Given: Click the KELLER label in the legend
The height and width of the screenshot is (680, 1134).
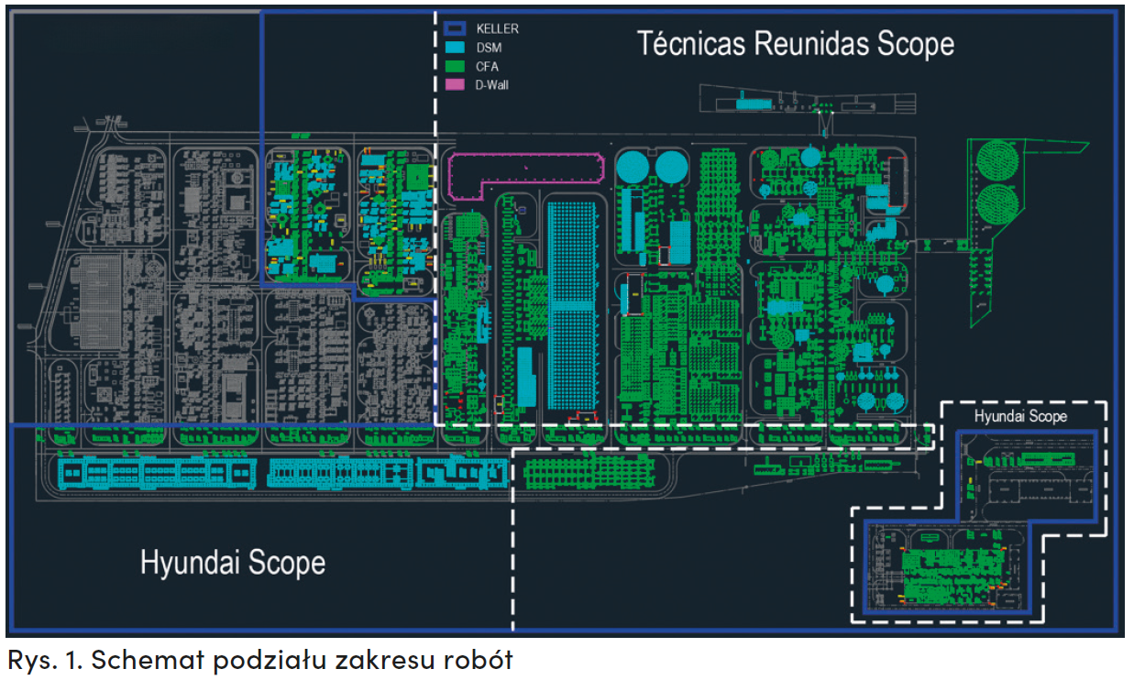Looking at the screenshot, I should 497,28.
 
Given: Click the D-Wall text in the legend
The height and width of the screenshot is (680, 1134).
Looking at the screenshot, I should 492,84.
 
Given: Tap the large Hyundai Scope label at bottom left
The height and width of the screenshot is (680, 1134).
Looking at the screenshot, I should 233,561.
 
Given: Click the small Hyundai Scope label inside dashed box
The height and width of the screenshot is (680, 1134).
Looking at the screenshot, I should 1020,416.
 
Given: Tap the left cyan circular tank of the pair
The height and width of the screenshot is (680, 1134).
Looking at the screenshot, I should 632,167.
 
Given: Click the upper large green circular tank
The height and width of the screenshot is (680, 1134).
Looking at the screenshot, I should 998,161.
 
